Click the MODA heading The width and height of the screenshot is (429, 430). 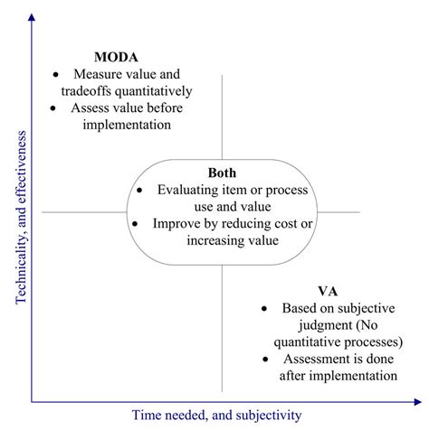tap(116, 57)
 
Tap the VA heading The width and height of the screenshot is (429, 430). tap(328, 291)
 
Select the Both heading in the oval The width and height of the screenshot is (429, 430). tap(222, 173)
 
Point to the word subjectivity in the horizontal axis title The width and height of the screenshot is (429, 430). tap(269, 416)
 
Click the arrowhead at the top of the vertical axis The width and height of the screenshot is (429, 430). tap(32, 17)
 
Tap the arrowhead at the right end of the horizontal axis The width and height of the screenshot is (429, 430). tap(418, 402)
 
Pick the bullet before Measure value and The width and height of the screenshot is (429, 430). tap(55, 74)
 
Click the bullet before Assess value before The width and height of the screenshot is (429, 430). tap(53, 108)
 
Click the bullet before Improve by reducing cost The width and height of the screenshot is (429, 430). tap(135, 224)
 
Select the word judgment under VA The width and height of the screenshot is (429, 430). tap(325, 325)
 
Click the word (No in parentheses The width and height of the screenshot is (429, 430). tap(367, 325)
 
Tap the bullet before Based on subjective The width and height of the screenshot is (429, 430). tap(264, 309)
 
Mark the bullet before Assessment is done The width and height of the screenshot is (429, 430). tap(265, 360)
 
